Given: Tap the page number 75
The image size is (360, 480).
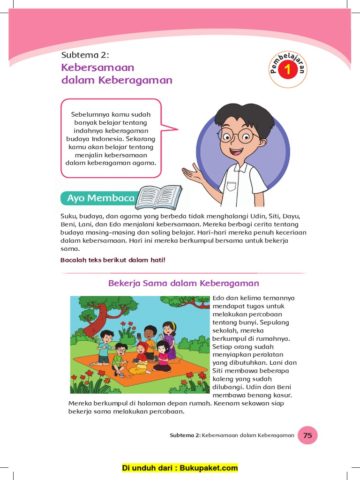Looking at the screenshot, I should tap(307, 435).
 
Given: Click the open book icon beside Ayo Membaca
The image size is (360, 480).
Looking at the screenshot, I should tap(159, 197).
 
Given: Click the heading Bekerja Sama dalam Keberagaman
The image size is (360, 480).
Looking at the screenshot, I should tap(183, 283).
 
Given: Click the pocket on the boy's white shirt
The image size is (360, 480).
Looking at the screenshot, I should tap(232, 186).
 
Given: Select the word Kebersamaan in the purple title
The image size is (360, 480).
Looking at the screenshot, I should tap(97, 67).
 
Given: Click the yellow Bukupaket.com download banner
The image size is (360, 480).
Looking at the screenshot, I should tap(180, 468).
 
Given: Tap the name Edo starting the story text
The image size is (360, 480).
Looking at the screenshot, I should tap(219, 298).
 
